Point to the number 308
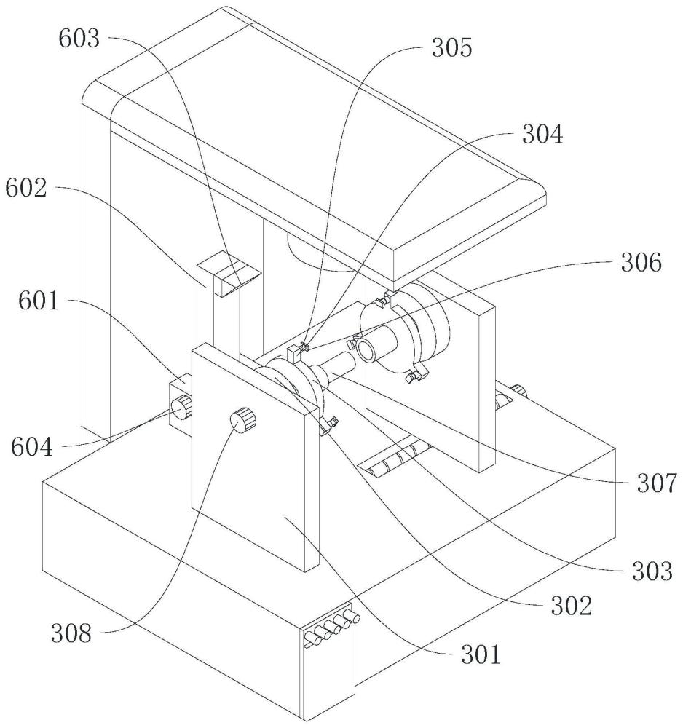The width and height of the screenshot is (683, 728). tap(71, 633)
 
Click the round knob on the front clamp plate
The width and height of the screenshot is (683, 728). tap(244, 419)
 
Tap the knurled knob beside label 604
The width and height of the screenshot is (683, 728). tap(180, 410)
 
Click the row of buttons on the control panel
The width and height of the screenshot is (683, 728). tap(331, 628)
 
